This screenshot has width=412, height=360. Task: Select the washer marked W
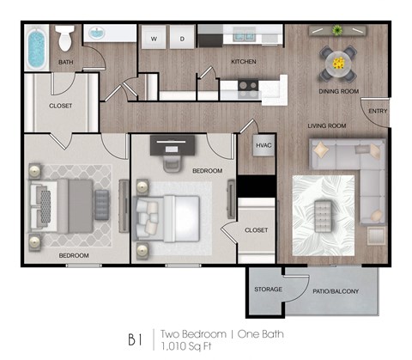[155, 39]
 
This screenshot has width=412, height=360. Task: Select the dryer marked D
[181, 39]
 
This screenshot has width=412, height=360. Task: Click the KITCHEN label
[245, 62]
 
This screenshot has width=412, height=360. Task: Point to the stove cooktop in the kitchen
[248, 85]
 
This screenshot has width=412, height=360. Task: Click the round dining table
[338, 63]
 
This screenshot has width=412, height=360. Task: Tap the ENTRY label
[378, 111]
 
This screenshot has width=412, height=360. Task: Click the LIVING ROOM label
[327, 126]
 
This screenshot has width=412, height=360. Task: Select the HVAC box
[264, 146]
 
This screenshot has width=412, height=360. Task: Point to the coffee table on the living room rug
[323, 210]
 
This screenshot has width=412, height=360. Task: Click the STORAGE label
[268, 290]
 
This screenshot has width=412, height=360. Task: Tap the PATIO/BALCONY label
[336, 290]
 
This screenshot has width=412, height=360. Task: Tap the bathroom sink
[96, 34]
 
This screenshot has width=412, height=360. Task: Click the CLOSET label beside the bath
[60, 106]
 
